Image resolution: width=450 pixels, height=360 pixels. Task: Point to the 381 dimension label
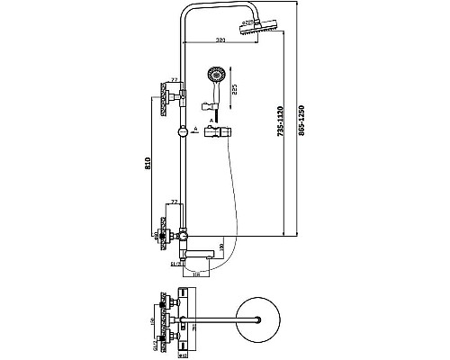[220, 40]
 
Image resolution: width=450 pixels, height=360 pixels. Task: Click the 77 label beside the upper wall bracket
[174, 81]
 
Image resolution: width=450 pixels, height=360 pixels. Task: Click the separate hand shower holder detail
[217, 131]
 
